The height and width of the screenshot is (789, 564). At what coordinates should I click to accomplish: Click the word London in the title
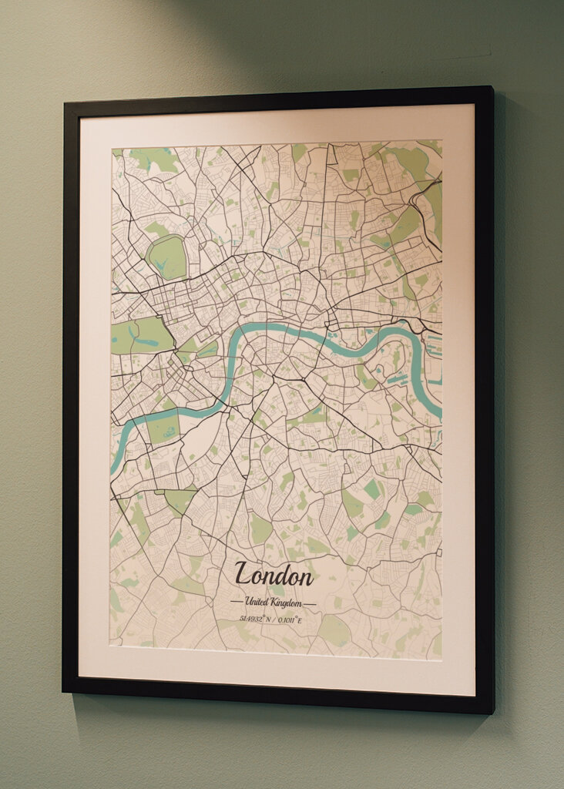[274, 575]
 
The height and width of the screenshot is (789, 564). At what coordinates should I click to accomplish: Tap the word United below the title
[257, 602]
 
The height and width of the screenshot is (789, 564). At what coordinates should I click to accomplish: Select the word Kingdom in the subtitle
[286, 602]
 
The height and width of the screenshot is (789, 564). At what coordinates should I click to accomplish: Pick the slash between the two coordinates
[275, 619]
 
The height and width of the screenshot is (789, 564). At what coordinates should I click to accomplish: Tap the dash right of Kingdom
[310, 602]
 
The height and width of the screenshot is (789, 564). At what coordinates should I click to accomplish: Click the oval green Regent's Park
[167, 257]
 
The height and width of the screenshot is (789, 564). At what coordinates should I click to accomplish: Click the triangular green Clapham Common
[180, 500]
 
